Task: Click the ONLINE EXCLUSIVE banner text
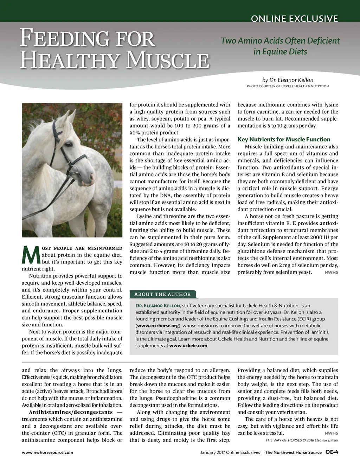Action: pos(294,19)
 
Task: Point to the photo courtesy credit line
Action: pos(288,86)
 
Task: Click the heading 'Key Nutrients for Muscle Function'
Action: pos(284,139)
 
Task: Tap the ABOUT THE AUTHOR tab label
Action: pos(162,294)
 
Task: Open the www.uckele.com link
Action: pos(188,346)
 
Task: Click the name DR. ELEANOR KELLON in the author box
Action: pos(158,306)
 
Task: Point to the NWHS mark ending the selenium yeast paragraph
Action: pos(331,273)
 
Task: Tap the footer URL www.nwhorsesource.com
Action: pos(47,452)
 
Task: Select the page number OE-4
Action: pos(332,452)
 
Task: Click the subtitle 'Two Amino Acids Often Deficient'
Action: pos(280,41)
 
